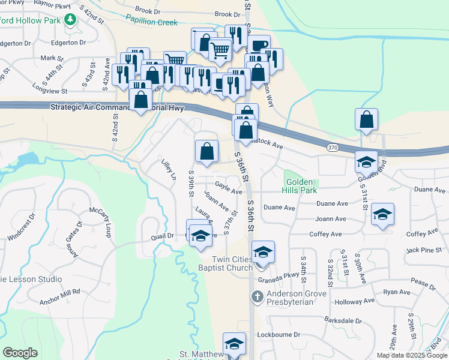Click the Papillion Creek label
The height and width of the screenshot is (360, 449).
point(151,22)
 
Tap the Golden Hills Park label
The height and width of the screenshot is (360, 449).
point(301,186)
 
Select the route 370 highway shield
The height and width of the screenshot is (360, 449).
point(332,147)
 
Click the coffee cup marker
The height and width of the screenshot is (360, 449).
point(259,46)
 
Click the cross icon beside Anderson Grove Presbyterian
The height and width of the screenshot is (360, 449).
point(257,296)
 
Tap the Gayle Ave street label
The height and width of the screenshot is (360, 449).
point(228,188)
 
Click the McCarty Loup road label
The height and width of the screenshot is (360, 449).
point(101,221)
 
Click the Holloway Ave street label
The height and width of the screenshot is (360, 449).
point(355,301)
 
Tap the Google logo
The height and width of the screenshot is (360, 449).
point(20,353)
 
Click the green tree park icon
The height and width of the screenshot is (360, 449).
point(70,20)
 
